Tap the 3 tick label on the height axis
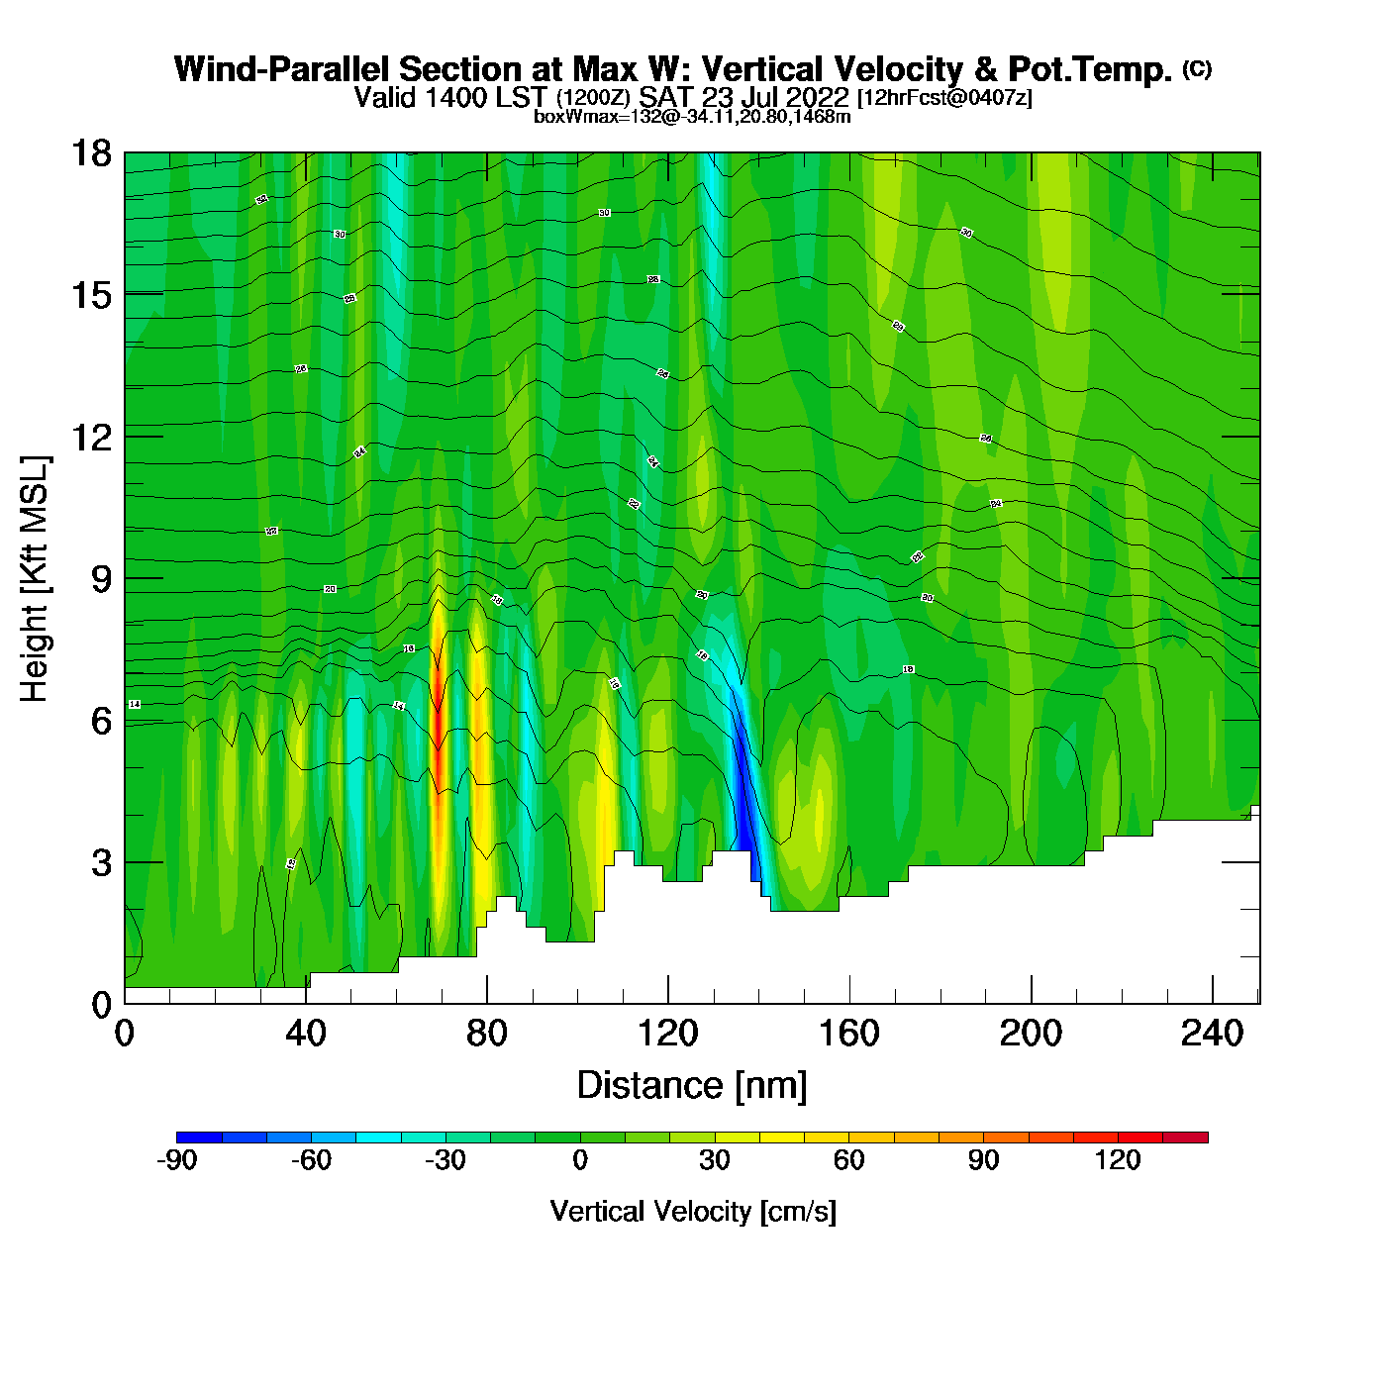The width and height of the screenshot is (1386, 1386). tap(101, 862)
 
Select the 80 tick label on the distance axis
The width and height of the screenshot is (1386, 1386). tap(486, 1034)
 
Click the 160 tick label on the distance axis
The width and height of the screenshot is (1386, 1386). tap(848, 1034)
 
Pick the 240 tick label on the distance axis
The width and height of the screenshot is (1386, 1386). tap(1212, 1034)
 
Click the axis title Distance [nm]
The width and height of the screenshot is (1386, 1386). tap(692, 1085)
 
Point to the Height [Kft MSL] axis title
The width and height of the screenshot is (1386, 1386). tap(35, 579)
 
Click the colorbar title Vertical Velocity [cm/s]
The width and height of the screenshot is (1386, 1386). tap(693, 1211)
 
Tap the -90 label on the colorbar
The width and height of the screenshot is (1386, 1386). tap(177, 1160)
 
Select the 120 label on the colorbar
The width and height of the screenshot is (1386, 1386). tap(1118, 1160)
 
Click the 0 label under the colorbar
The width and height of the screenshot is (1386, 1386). tap(580, 1160)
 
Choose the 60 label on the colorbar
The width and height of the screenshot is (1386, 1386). tap(848, 1160)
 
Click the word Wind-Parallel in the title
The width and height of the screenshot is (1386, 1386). tap(283, 69)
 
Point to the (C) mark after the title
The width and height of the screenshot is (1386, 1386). tap(1197, 68)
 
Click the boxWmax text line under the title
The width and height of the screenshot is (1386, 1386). tap(692, 117)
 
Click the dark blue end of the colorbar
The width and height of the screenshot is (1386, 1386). tap(199, 1138)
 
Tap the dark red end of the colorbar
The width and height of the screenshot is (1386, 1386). tap(1185, 1138)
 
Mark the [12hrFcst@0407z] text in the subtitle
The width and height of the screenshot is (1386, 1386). tap(944, 98)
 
